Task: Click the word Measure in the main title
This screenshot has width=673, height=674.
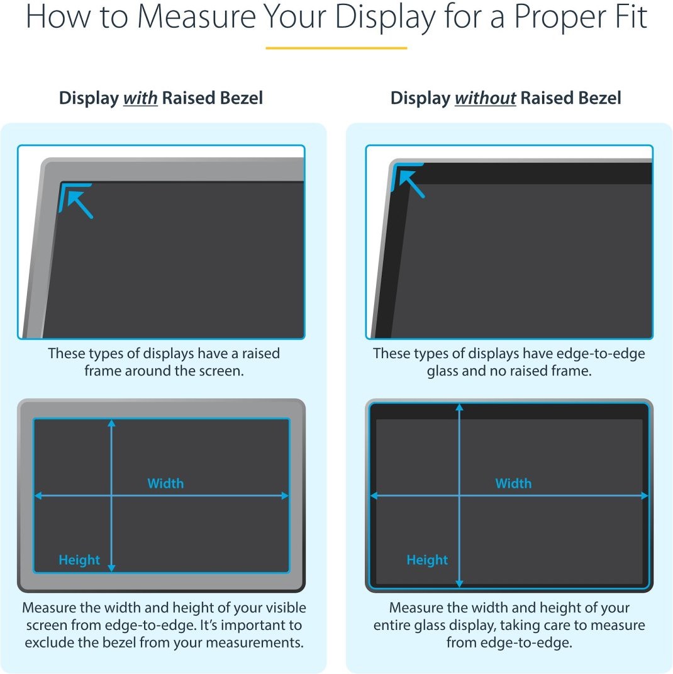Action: (x=197, y=17)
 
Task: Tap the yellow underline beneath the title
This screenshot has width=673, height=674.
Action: (x=336, y=48)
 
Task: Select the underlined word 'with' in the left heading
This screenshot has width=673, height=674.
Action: (x=140, y=98)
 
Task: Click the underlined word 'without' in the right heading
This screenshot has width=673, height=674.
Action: (x=486, y=98)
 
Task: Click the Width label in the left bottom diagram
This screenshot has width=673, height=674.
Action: (x=165, y=483)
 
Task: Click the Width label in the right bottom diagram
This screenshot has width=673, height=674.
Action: (x=513, y=483)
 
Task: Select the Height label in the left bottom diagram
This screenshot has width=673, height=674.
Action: (x=79, y=559)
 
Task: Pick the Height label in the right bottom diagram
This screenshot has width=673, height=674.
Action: (x=427, y=559)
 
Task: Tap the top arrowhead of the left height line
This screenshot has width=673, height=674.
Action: (x=112, y=423)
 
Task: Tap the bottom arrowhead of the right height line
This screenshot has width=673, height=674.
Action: (x=460, y=583)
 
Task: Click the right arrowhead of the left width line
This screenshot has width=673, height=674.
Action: (x=285, y=496)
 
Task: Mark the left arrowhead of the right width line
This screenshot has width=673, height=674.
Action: (x=374, y=496)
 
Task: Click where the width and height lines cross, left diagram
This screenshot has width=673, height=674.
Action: (x=112, y=496)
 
